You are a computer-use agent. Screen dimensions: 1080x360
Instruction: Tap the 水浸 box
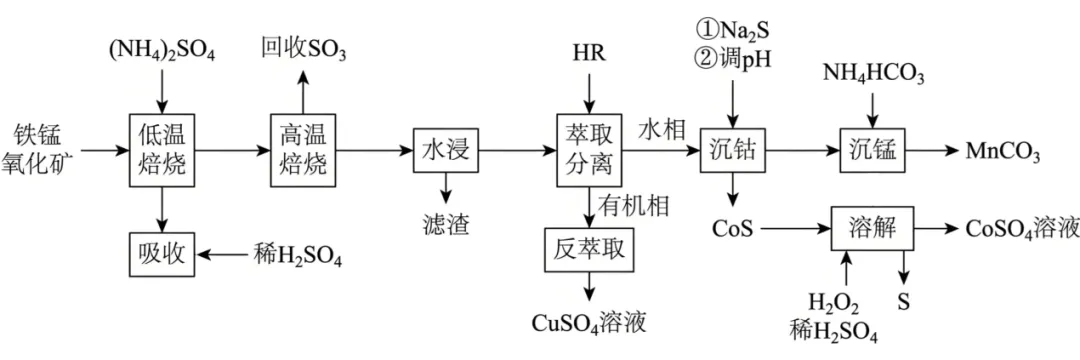(x=446, y=150)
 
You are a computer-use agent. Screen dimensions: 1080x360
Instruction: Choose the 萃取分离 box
(x=588, y=150)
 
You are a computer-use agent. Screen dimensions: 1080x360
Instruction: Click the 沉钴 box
(x=733, y=150)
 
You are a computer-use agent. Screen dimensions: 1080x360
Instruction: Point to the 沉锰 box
(x=872, y=150)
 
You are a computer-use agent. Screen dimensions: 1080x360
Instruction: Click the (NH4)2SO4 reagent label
(x=163, y=53)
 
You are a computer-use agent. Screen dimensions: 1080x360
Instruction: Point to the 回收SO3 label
(x=303, y=50)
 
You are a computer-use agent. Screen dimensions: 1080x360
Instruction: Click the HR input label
(x=588, y=53)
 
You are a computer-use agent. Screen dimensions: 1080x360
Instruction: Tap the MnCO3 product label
(x=1001, y=151)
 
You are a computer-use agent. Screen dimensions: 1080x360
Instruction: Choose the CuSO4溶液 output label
(x=589, y=323)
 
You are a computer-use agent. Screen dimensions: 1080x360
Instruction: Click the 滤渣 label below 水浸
(x=446, y=223)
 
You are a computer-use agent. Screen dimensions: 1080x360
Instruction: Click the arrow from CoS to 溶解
(x=793, y=228)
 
